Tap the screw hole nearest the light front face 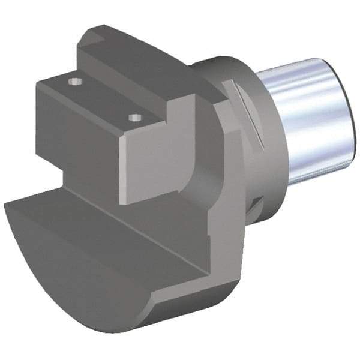[135, 117]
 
